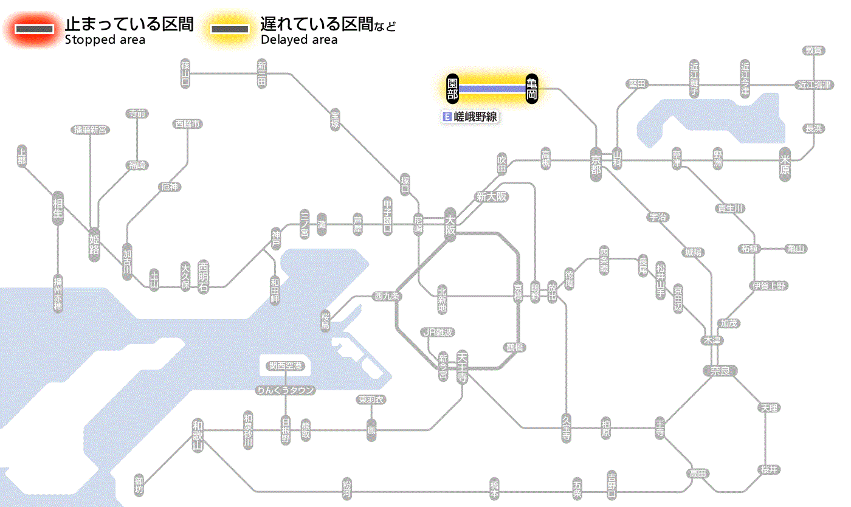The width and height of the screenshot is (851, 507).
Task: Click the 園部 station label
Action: (452, 89)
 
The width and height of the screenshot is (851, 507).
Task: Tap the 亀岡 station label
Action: (532, 89)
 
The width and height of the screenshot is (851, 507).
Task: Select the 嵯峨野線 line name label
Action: (471, 116)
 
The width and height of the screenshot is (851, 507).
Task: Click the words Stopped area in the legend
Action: (105, 40)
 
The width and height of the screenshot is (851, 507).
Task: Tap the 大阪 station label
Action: (450, 226)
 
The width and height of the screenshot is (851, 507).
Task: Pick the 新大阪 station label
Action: (491, 197)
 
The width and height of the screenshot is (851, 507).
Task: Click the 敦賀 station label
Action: (814, 50)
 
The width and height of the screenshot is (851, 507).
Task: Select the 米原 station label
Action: (785, 165)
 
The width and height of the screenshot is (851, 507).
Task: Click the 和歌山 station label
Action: (198, 435)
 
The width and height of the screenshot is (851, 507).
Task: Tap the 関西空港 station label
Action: (286, 366)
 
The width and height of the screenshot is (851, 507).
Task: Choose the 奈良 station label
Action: (720, 370)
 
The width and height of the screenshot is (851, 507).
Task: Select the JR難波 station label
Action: (438, 332)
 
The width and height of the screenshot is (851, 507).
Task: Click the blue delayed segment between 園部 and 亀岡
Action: (492, 89)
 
